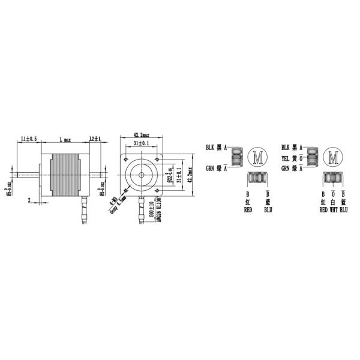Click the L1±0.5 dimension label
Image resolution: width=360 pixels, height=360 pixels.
[x=29, y=139]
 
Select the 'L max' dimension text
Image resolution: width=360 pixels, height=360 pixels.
[x=65, y=139]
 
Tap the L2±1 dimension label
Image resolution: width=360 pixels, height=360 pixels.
[x=94, y=139]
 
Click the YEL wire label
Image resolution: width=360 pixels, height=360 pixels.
[x=286, y=159]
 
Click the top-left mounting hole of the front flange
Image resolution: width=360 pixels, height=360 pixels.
[x=128, y=160]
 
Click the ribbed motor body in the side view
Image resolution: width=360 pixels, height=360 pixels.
[x=65, y=175]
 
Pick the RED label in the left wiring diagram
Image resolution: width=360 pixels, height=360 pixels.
[x=247, y=211]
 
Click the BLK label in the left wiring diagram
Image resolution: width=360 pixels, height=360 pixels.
[x=210, y=146]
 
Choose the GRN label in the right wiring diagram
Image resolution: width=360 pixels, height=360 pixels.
[x=286, y=168]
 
